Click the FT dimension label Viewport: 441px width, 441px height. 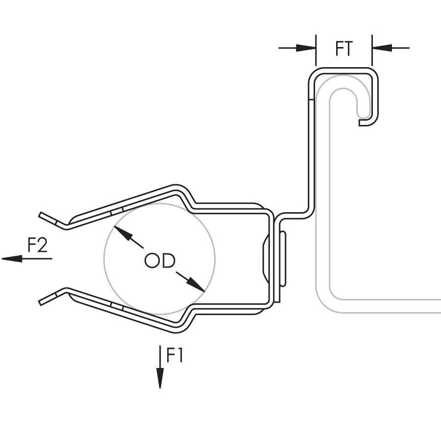click(x=343, y=49)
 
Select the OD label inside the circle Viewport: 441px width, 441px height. click(x=160, y=261)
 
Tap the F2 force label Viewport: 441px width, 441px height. click(x=38, y=245)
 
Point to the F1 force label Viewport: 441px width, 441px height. click(x=174, y=355)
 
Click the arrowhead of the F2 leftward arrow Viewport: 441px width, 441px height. click(x=12, y=258)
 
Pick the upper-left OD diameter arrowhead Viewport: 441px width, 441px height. click(x=123, y=233)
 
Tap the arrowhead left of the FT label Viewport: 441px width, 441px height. click(x=306, y=48)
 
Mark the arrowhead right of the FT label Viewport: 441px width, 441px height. click(x=382, y=48)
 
